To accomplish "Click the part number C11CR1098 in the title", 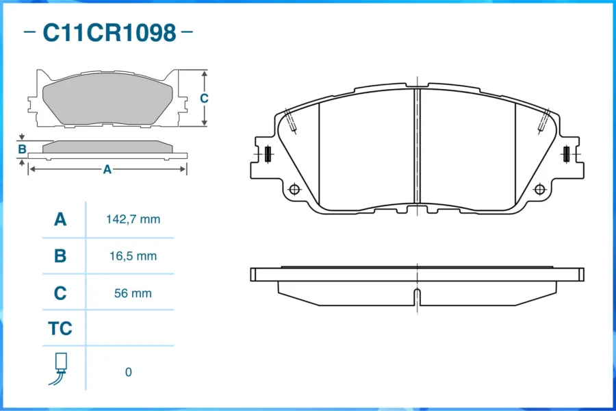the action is [x=110, y=32].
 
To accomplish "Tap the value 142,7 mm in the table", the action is [x=133, y=219].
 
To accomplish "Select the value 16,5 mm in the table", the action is [x=133, y=256].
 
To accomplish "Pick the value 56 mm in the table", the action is [x=133, y=293].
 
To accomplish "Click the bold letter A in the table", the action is [x=60, y=219].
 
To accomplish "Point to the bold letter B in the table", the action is [x=60, y=256].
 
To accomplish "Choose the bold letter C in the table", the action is [x=60, y=293].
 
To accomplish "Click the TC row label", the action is [x=60, y=328].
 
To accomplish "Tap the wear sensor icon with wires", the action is [x=59, y=369].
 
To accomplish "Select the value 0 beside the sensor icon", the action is [x=129, y=372].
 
